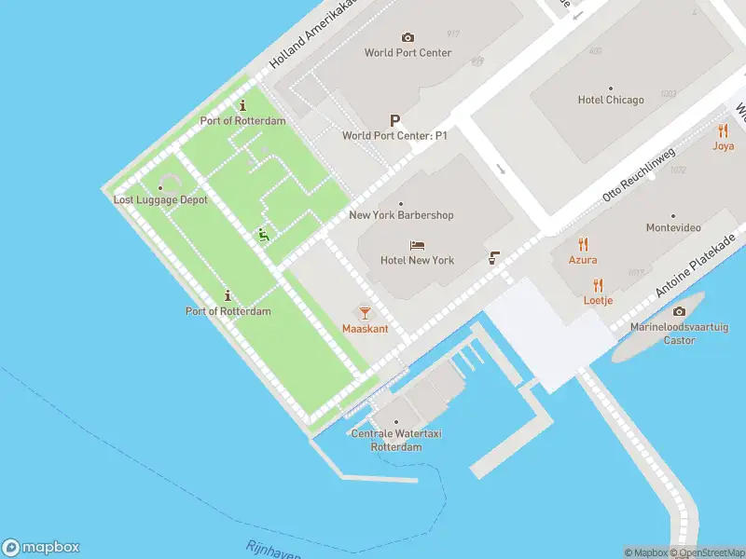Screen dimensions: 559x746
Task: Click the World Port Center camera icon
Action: [x=408, y=37]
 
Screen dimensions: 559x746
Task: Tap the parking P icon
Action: [x=395, y=120]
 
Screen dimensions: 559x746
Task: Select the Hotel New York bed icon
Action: [x=418, y=245]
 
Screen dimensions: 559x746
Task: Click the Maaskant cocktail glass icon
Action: [x=365, y=313]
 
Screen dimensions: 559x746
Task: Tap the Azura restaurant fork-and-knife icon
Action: [x=584, y=244]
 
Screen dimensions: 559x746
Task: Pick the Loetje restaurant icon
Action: [x=598, y=285]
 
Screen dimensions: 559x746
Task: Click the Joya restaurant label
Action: [x=724, y=146]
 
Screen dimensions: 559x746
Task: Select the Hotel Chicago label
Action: [x=611, y=100]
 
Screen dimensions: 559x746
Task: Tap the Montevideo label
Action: [x=673, y=228]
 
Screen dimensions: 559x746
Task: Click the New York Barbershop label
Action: [x=401, y=215]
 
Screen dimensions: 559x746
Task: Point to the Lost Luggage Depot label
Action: [x=160, y=200]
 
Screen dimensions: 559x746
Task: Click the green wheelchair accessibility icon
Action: [x=264, y=236]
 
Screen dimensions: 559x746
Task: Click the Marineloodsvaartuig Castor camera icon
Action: [x=678, y=311]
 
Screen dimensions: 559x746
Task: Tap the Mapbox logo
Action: [x=41, y=548]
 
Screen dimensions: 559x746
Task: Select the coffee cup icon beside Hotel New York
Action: [x=493, y=258]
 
